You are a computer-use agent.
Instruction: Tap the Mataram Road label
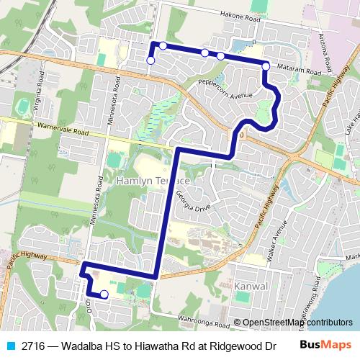point(297,71)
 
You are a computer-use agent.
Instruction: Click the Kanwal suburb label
point(251,286)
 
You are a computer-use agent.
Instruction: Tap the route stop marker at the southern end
point(104,294)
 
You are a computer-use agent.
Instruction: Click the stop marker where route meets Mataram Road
point(266,66)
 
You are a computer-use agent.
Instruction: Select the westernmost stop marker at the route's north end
point(150,61)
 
